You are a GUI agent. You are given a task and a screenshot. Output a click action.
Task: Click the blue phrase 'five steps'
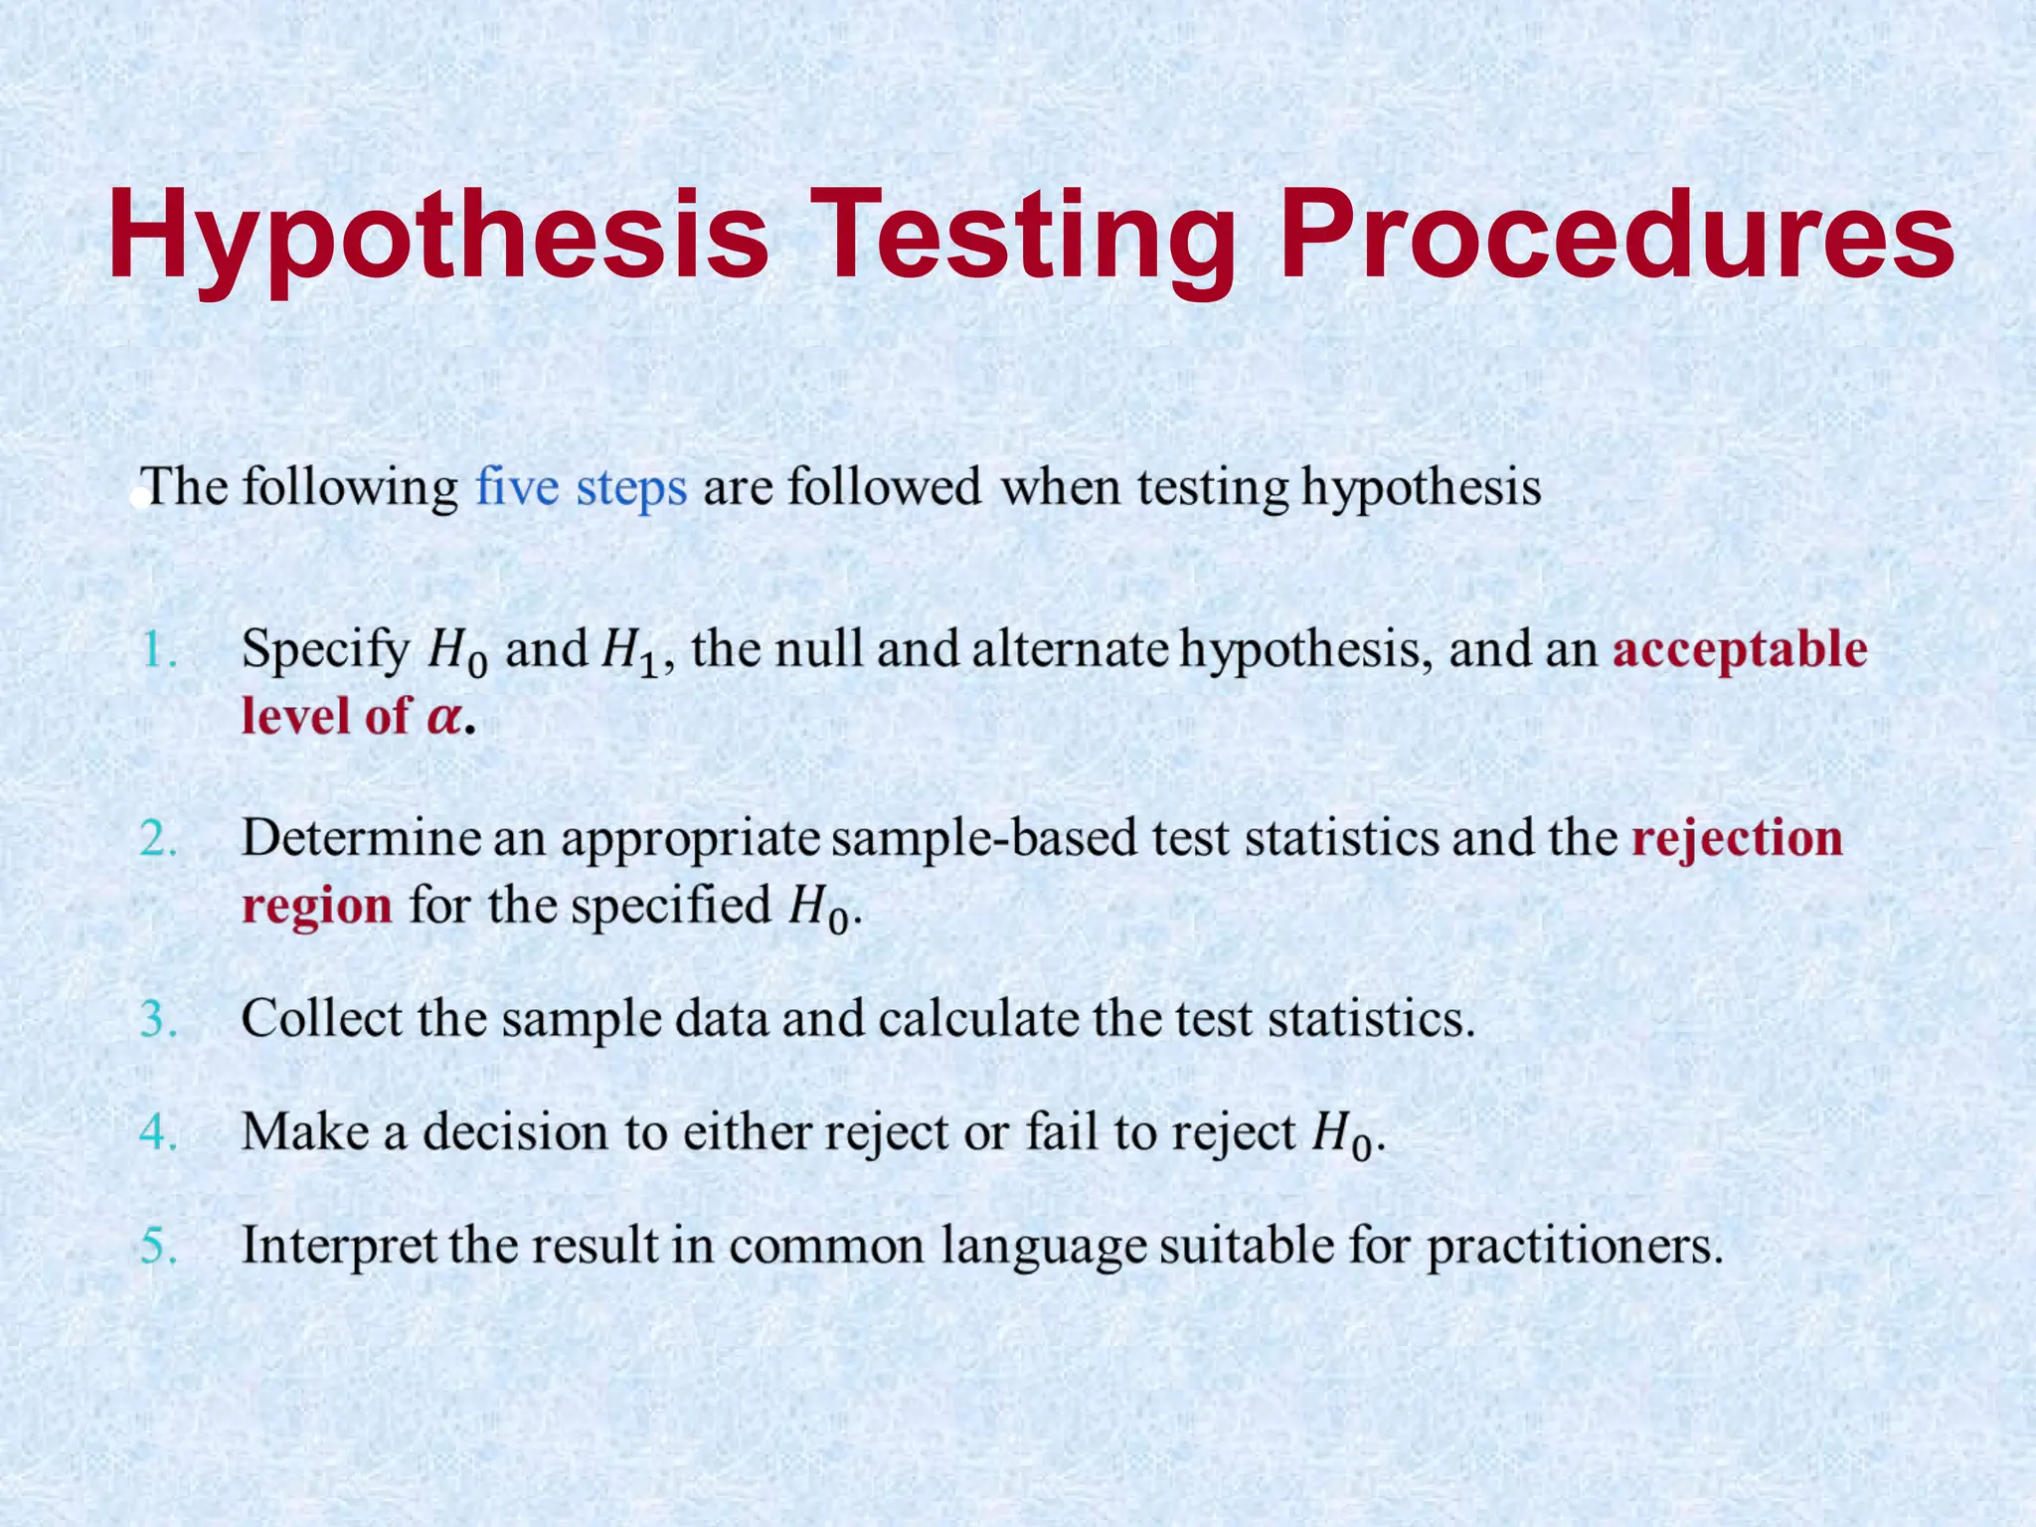[581, 488]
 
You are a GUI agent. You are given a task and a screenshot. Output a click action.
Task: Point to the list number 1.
[158, 650]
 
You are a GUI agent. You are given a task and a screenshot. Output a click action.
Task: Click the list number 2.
[158, 839]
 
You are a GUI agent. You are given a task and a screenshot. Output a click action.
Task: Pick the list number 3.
[158, 1019]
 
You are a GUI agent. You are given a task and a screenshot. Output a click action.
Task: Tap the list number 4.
[158, 1132]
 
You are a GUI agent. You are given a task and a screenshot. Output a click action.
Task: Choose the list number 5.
[158, 1246]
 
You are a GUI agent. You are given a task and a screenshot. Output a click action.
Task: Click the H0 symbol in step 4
[1341, 1135]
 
